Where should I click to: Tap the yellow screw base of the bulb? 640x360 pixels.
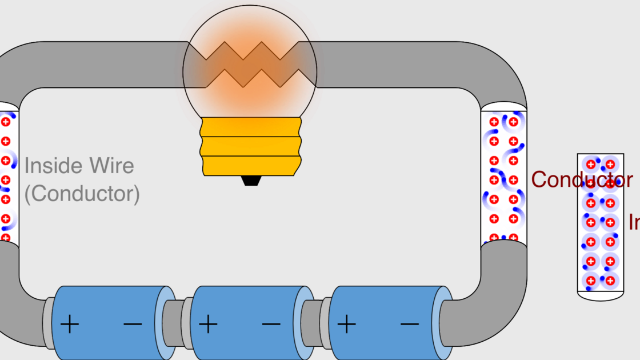click(251, 146)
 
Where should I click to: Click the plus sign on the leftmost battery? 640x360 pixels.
click(70, 325)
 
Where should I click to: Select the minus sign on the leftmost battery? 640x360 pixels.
click(133, 325)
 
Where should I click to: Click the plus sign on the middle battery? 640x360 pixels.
click(208, 325)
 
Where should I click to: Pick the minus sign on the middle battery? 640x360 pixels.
click(271, 325)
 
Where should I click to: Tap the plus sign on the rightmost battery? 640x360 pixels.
click(346, 325)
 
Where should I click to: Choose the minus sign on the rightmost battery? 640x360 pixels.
click(409, 325)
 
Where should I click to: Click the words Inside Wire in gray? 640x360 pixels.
click(79, 166)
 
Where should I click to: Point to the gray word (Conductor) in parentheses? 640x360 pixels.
click(82, 194)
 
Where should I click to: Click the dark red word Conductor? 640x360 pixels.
click(582, 179)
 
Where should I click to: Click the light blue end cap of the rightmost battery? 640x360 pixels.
click(445, 323)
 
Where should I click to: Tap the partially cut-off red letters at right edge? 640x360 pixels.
click(634, 222)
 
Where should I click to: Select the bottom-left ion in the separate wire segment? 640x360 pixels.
click(591, 281)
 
